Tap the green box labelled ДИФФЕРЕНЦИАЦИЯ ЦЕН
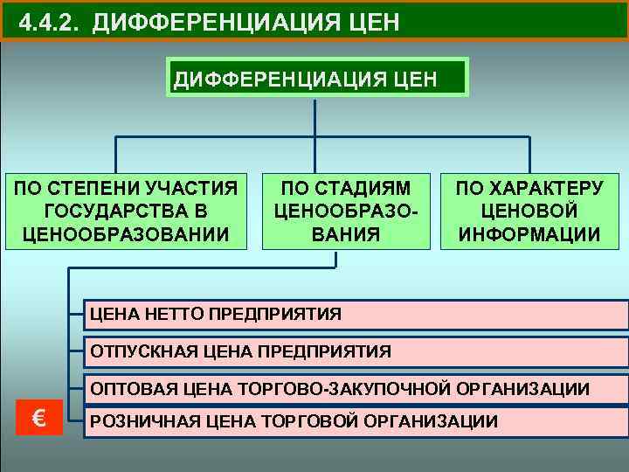click(x=318, y=77)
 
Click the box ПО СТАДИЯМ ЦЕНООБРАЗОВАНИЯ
click(x=348, y=211)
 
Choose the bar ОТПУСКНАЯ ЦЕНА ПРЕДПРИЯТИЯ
click(x=355, y=351)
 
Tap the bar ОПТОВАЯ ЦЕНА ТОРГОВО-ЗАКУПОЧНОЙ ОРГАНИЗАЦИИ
click(x=355, y=387)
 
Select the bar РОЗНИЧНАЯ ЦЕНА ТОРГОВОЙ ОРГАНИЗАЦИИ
click(x=355, y=421)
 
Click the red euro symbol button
click(x=39, y=417)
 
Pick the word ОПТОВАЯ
click(x=129, y=388)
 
